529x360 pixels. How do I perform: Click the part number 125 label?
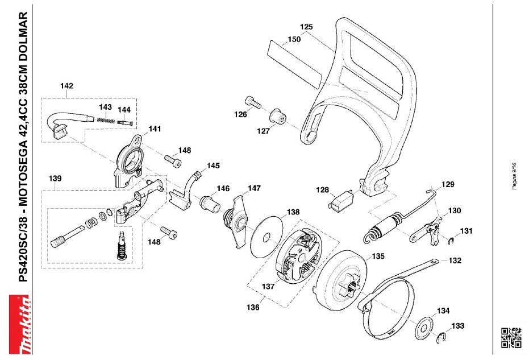(x=306, y=27)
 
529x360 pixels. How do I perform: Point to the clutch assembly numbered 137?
(x=298, y=256)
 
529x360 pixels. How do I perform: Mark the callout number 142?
(x=66, y=86)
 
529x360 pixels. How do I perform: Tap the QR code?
(x=510, y=337)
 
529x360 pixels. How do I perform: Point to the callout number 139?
(x=55, y=179)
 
